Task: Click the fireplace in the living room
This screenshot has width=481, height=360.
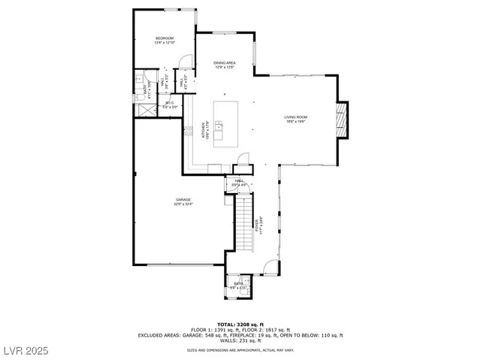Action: point(342,119)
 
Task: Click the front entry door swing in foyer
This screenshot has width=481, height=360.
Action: point(269,265)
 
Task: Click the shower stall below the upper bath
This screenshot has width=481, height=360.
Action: point(142,107)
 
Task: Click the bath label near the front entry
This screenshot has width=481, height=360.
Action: point(238,285)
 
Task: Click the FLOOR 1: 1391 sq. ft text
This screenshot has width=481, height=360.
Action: point(212,330)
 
